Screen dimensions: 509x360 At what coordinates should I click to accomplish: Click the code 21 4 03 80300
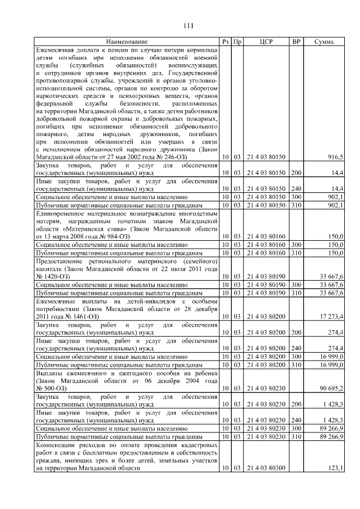tap(267, 468)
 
